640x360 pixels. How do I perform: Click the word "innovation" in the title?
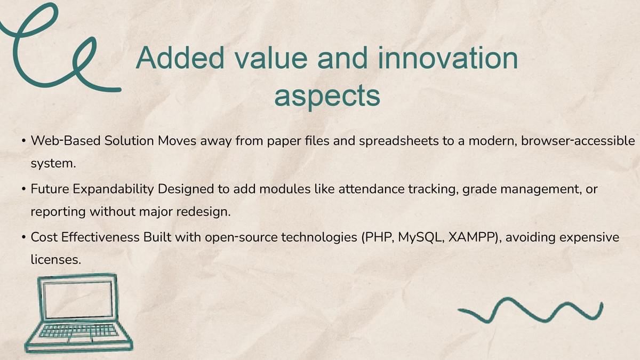click(447, 58)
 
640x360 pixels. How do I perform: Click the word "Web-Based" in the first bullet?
click(66, 141)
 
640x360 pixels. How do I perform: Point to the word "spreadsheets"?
click(398, 141)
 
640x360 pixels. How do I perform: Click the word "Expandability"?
click(113, 189)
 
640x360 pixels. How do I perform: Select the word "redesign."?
click(203, 212)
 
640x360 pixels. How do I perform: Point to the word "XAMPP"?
click(473, 237)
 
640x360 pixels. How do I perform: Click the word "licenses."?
click(56, 259)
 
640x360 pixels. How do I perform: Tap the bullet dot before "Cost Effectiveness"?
click(23, 238)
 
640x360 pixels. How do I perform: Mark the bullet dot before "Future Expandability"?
click(23, 189)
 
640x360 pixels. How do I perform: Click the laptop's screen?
click(78, 300)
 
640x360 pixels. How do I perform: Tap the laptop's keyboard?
click(78, 331)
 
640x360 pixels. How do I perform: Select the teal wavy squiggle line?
click(531, 310)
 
